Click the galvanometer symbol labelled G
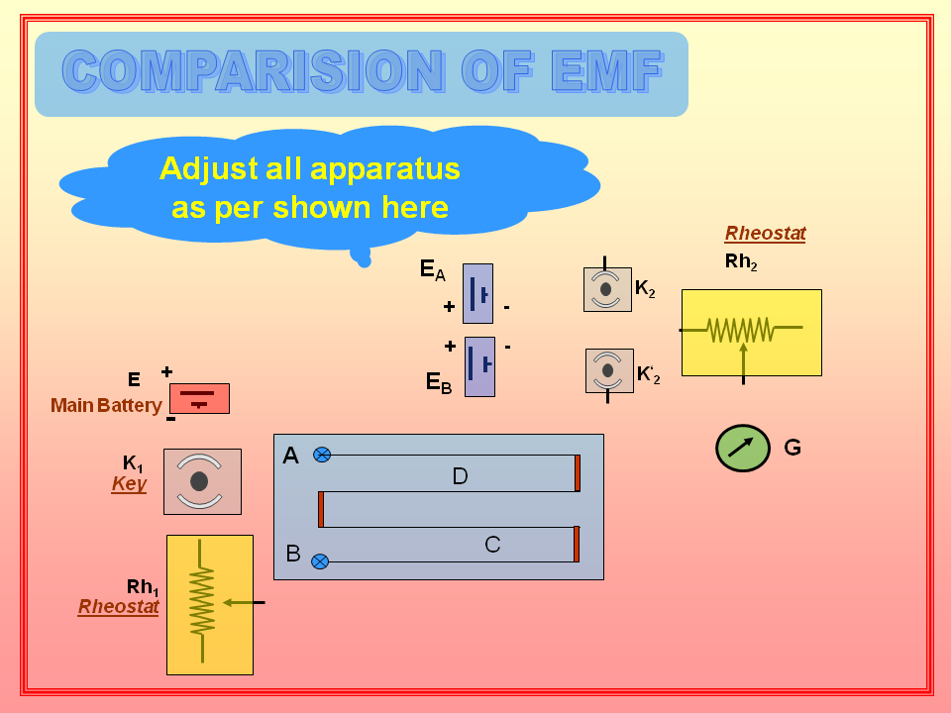tap(742, 448)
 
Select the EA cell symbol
tap(477, 293)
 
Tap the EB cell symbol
tap(479, 366)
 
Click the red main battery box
tap(199, 398)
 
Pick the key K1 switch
tap(201, 481)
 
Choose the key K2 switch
tap(606, 289)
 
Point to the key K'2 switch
tap(608, 370)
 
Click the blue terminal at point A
tap(321, 455)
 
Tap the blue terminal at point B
tap(320, 561)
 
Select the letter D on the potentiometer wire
tap(460, 476)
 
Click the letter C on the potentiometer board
tap(492, 544)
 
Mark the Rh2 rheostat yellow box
tap(752, 332)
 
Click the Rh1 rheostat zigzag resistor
tap(202, 601)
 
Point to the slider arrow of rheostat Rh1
tap(241, 602)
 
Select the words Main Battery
tap(106, 405)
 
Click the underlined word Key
tap(129, 484)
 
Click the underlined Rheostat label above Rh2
tap(765, 234)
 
